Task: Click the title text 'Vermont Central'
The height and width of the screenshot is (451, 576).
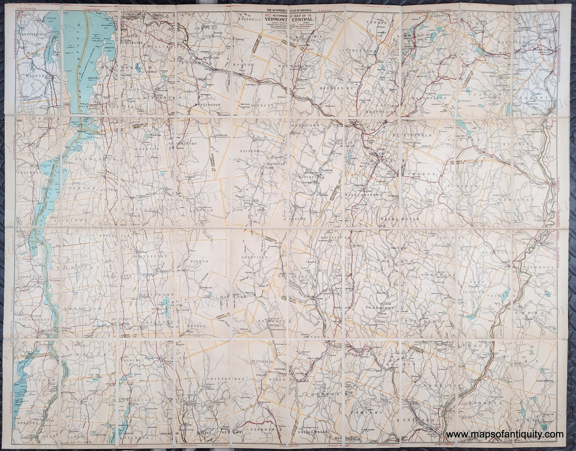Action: pos(288,18)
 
